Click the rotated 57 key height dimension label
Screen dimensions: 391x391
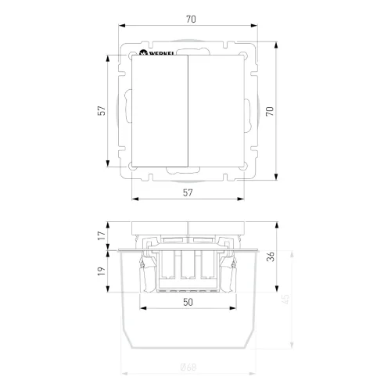pos(101,112)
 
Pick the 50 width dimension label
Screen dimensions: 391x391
pos(188,301)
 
